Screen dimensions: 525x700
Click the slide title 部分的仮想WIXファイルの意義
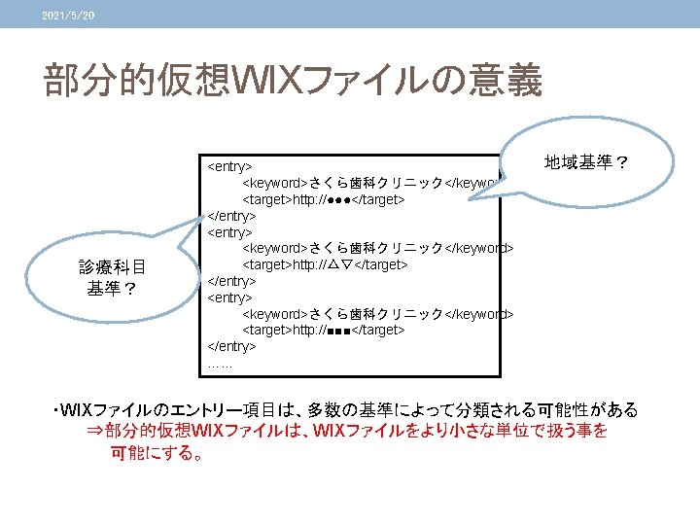(292, 82)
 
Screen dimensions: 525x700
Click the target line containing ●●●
(323, 199)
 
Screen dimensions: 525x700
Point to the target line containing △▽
(324, 264)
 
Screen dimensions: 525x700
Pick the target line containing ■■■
(323, 330)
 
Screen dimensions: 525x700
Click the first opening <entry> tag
(230, 166)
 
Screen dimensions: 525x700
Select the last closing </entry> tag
(232, 346)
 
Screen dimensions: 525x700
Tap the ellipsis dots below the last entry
(219, 364)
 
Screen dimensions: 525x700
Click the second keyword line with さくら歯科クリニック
(377, 248)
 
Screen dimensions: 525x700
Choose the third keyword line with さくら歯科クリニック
(377, 313)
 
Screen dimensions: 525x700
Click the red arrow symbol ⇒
(94, 431)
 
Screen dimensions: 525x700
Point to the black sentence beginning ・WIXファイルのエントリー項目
(350, 410)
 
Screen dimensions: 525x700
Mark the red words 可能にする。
(157, 452)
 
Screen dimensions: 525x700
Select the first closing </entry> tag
(232, 216)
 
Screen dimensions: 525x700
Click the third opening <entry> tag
(230, 297)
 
